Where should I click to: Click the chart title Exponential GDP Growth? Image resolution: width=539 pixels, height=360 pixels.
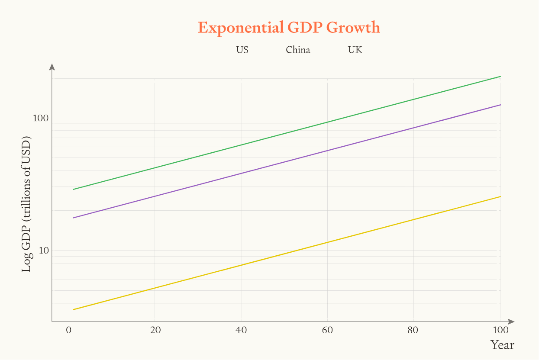tap(289, 28)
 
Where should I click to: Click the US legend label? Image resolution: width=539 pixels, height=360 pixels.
tap(242, 50)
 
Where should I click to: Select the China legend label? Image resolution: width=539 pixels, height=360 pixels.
tap(298, 50)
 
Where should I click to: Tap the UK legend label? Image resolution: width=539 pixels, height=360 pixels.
tap(355, 50)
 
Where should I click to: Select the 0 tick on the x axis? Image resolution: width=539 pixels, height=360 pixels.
tap(68, 330)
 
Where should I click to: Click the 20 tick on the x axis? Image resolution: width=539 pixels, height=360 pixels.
tap(155, 330)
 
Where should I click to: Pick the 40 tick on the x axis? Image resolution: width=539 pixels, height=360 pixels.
tap(241, 330)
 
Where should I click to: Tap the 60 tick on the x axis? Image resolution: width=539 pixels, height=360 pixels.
tap(327, 330)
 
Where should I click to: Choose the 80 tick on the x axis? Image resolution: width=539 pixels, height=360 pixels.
tap(413, 330)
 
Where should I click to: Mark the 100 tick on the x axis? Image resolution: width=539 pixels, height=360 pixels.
tap(500, 330)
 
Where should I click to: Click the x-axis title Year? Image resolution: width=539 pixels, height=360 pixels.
tap(502, 345)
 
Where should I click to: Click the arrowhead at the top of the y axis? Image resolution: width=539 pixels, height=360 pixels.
tap(52, 66)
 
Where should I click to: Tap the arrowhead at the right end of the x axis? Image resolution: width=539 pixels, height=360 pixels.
tap(511, 321)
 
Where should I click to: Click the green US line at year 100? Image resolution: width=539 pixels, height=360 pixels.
tap(500, 77)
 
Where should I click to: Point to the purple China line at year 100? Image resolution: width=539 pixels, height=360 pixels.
tap(500, 105)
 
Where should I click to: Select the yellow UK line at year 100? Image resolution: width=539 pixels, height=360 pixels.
tap(500, 196)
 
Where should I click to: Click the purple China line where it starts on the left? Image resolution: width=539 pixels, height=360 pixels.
tap(74, 218)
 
